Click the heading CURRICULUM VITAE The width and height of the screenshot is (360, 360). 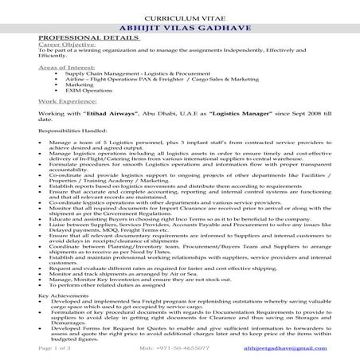(179, 16)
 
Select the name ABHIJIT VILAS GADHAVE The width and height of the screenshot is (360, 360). (179, 27)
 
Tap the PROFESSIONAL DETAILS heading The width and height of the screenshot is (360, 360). (77, 37)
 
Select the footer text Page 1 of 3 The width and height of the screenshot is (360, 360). (53, 348)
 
